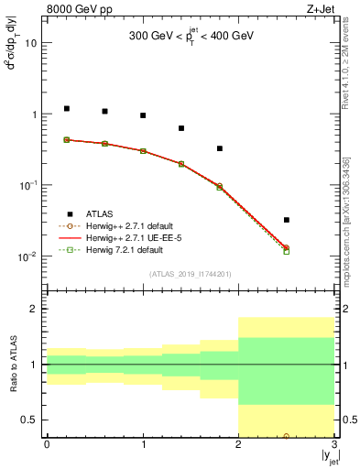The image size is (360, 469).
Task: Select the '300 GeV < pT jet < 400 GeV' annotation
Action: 191,37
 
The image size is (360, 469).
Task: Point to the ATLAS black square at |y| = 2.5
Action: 287,220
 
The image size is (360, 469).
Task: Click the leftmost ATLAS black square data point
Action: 66,108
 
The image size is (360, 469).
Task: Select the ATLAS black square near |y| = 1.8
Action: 220,148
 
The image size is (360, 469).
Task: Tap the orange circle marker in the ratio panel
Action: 287,436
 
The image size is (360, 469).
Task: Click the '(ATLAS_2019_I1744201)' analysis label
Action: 191,274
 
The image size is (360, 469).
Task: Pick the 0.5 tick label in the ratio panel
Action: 30,420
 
